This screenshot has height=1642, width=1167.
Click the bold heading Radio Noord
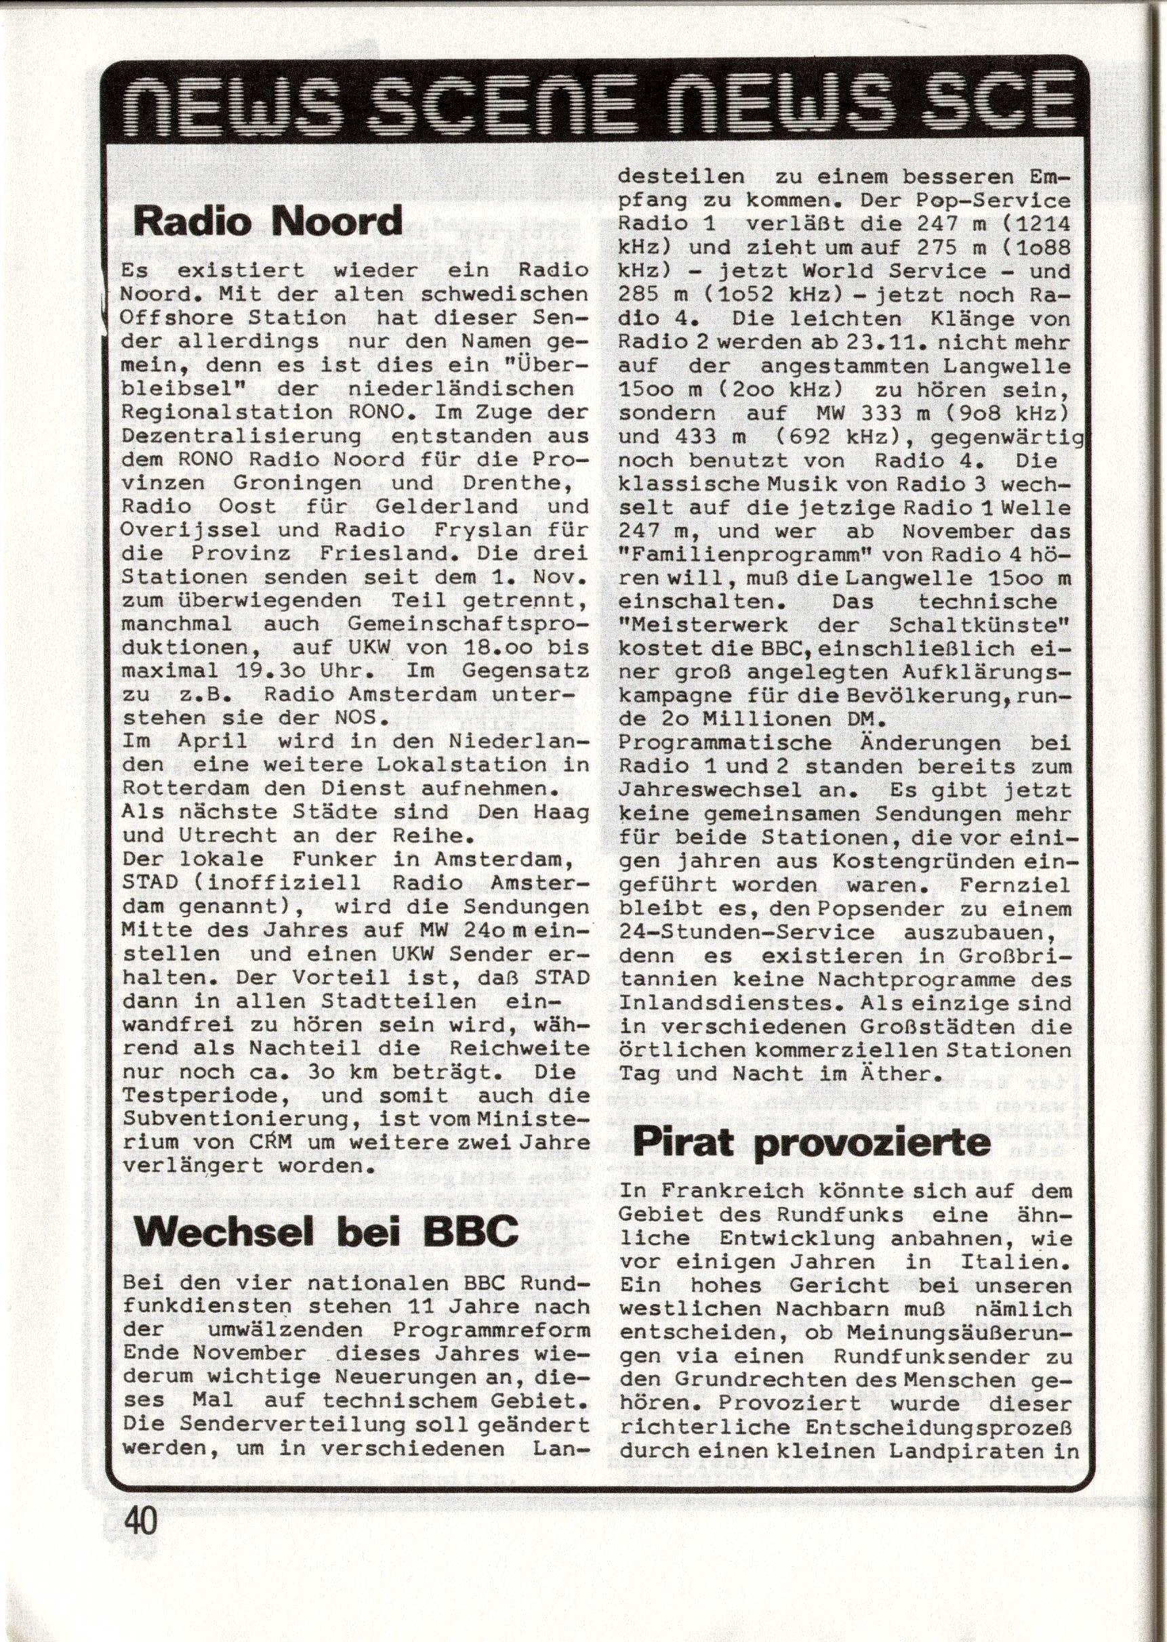pyautogui.click(x=267, y=222)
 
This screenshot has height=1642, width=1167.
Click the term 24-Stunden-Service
pyautogui.click(x=747, y=933)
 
